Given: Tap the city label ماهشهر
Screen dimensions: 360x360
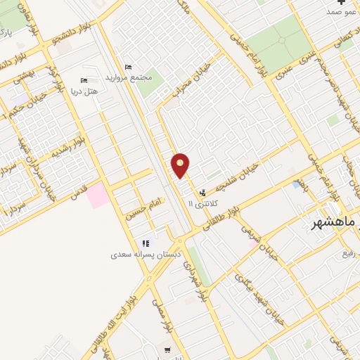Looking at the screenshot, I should coord(336,223).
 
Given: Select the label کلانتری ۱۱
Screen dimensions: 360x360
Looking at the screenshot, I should coord(203,203).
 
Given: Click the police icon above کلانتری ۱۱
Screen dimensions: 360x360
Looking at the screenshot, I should coord(203,192).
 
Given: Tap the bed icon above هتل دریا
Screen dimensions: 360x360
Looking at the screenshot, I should coord(84,80).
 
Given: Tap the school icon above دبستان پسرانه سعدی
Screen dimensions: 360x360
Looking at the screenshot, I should coord(146,243).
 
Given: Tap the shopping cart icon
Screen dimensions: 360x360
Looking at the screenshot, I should coord(167,349).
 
